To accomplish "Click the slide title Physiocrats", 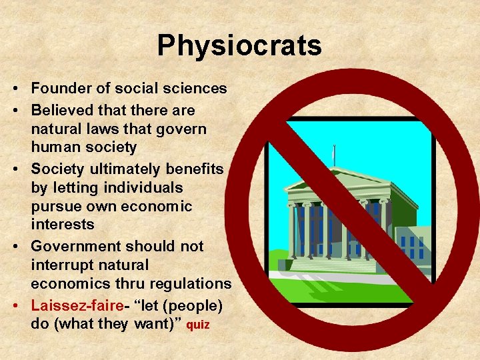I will (x=239, y=46).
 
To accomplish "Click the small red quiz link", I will (x=197, y=326).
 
